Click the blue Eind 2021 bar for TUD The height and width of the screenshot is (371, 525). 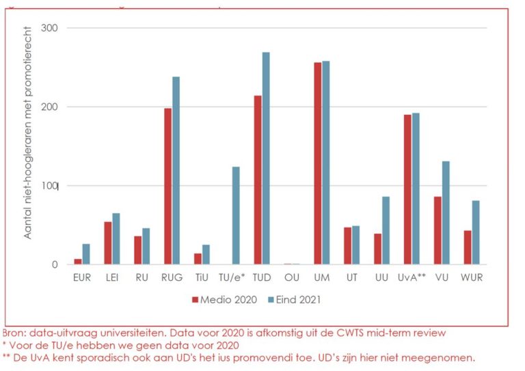click(266, 158)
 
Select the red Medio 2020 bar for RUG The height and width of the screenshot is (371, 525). click(167, 186)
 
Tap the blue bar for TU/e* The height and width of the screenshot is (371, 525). click(236, 215)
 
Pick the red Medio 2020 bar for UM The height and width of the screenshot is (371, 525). click(317, 163)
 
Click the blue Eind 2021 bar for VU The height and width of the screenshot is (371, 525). click(446, 212)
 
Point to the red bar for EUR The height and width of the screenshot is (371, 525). click(77, 261)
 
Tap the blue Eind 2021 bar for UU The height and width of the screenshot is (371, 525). click(386, 230)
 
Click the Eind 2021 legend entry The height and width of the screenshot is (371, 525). click(294, 299)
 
